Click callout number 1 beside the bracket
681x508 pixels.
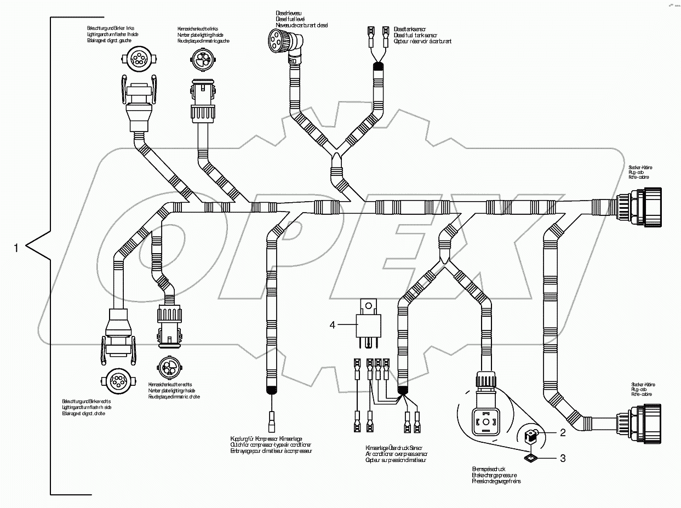coord(16,248)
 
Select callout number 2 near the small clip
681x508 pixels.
coord(563,433)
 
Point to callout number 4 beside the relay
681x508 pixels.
coord(332,324)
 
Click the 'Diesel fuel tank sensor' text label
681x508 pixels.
coord(422,35)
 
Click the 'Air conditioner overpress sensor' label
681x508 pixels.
coord(397,454)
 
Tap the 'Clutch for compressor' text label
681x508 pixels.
coord(271,444)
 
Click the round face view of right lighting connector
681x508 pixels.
coord(117,381)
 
